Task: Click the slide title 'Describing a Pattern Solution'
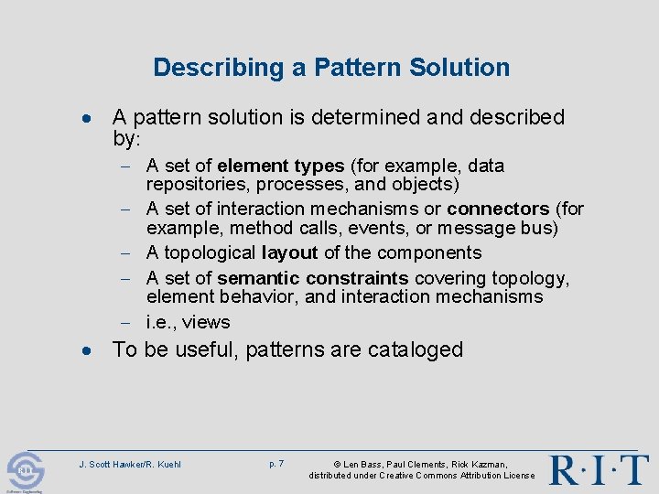pyautogui.click(x=331, y=67)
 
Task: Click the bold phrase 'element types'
pyautogui.click(x=280, y=166)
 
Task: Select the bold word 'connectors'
pyautogui.click(x=499, y=209)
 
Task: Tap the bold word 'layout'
pyautogui.click(x=289, y=252)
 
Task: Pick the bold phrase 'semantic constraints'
pyautogui.click(x=313, y=278)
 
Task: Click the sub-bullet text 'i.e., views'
pyautogui.click(x=188, y=322)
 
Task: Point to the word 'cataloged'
pyautogui.click(x=417, y=350)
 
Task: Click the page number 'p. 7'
pyautogui.click(x=276, y=464)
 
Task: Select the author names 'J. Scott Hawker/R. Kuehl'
pyautogui.click(x=130, y=465)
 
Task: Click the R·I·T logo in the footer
pyautogui.click(x=599, y=468)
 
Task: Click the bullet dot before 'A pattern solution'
pyautogui.click(x=84, y=119)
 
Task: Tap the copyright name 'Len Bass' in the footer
pyautogui.click(x=363, y=465)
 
